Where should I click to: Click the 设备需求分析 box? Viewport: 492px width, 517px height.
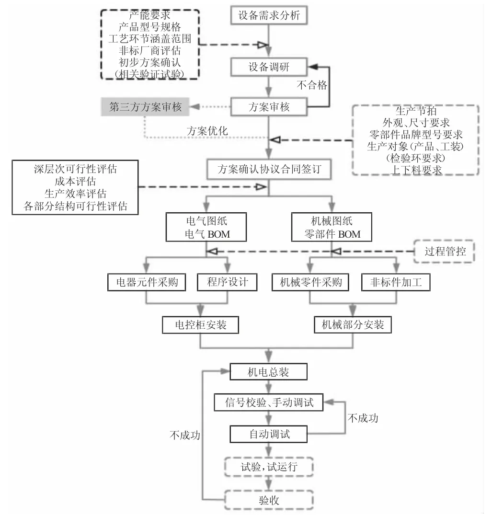coord(269,15)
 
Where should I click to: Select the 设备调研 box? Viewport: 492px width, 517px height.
coord(269,67)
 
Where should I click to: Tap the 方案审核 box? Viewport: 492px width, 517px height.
coord(269,106)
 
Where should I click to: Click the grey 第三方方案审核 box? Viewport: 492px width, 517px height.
coord(146,107)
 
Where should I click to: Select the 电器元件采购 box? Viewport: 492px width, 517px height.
coord(144,282)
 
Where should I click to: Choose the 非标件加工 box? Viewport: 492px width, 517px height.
coord(396,282)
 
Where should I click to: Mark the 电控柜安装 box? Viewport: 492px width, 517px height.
coord(200,325)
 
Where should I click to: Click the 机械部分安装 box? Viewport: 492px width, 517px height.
coord(353,325)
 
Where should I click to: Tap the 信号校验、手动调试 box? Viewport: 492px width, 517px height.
coord(270,403)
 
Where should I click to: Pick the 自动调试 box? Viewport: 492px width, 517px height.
coord(269,434)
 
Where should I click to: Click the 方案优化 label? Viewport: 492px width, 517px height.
coord(207,131)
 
